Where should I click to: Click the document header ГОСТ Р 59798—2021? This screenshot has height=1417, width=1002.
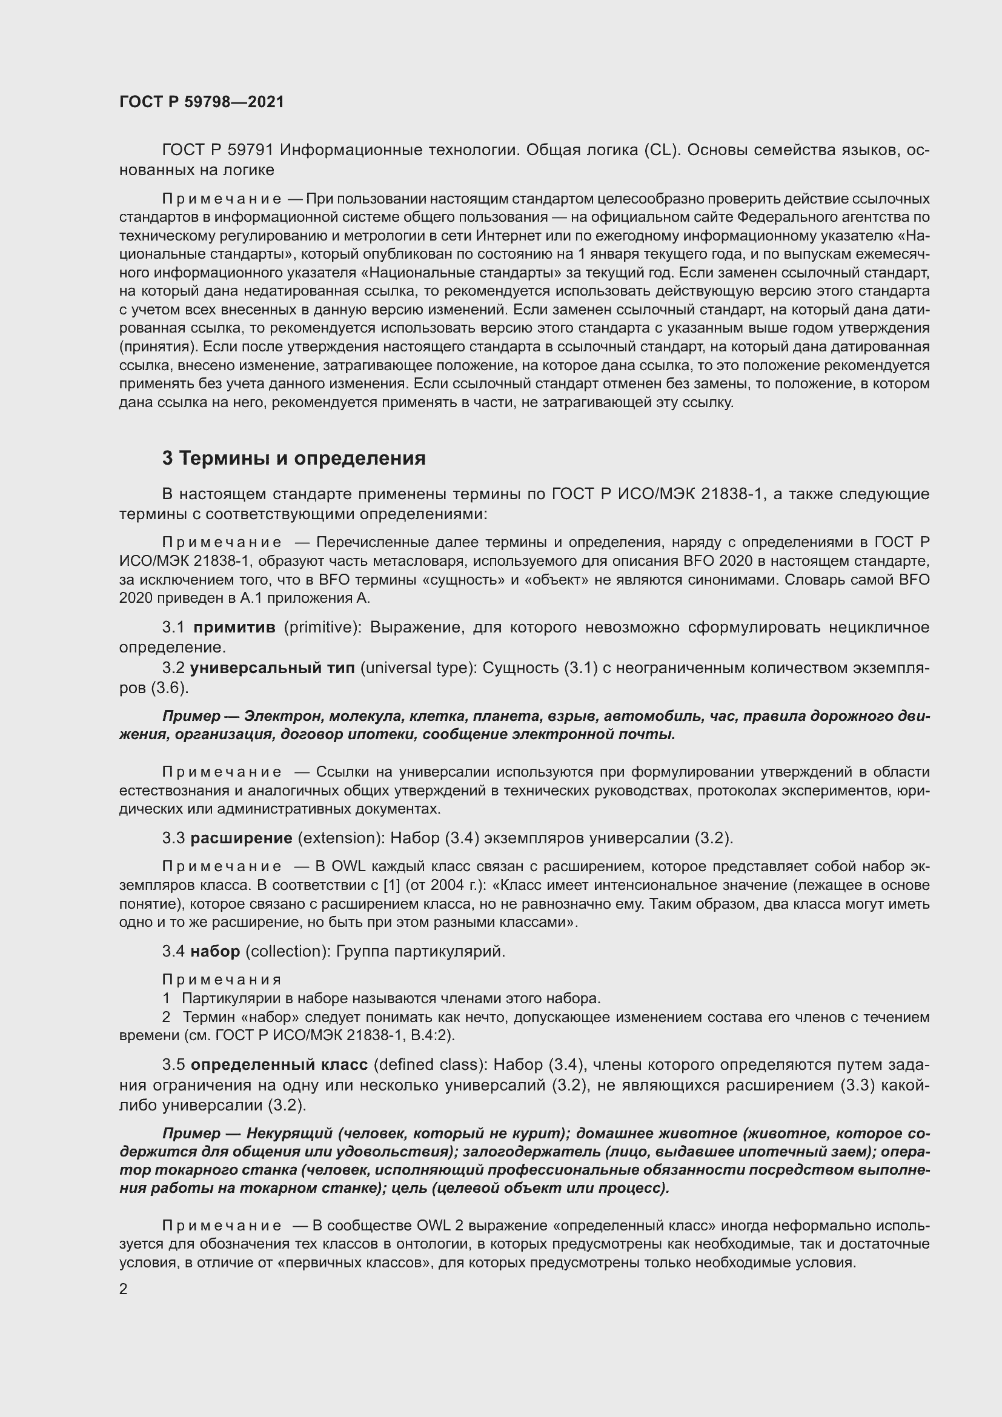202,102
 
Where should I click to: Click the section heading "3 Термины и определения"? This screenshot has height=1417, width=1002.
294,459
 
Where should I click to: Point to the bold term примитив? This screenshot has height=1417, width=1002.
234,628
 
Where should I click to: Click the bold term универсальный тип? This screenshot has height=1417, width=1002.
273,668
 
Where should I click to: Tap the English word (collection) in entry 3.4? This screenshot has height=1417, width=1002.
285,951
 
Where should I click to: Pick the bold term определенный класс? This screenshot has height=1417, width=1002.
279,1064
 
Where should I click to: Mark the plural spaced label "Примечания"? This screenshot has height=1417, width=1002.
222,980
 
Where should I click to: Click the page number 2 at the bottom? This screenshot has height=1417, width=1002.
124,1290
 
